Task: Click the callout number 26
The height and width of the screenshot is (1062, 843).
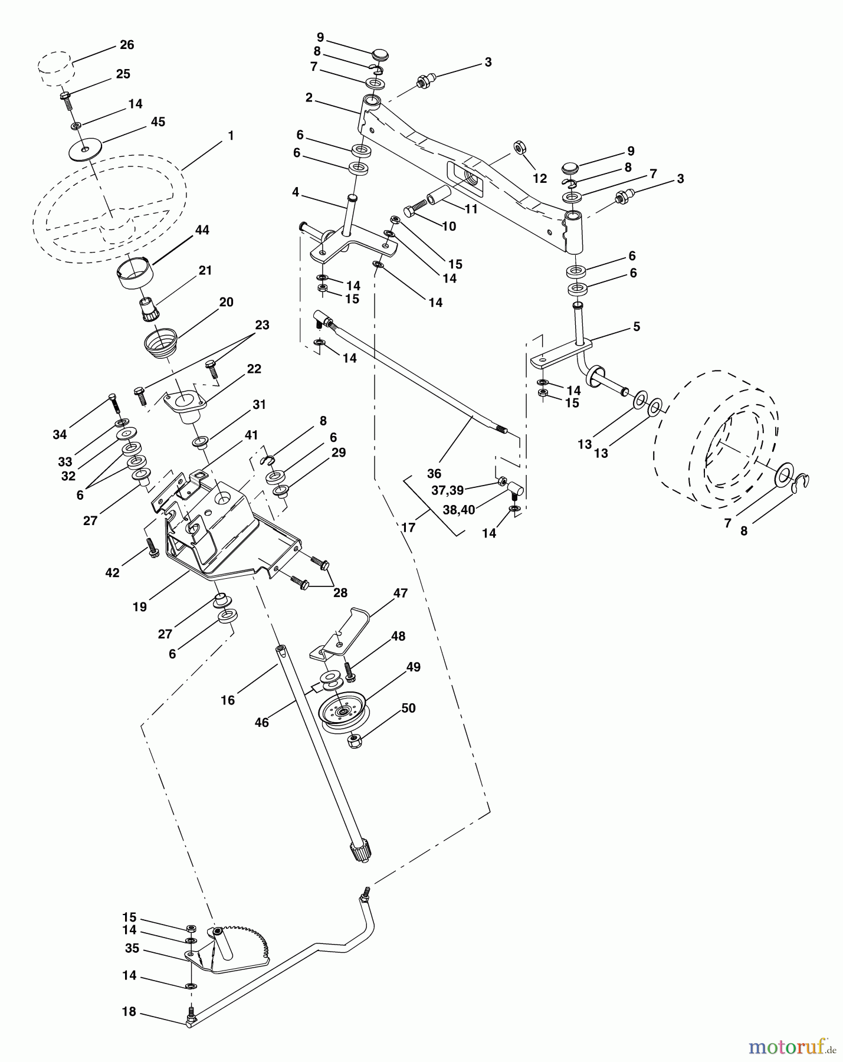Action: (127, 45)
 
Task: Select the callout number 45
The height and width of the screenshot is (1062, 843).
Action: (158, 122)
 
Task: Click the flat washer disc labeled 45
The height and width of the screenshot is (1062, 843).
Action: (85, 149)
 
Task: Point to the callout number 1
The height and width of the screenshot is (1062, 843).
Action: (231, 136)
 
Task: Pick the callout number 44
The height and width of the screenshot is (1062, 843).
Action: (202, 230)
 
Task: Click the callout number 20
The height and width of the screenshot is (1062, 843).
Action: (226, 302)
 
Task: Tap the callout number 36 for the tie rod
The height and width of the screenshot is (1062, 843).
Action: (434, 473)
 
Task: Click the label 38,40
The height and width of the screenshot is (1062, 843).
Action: (458, 510)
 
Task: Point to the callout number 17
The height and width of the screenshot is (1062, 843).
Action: (408, 527)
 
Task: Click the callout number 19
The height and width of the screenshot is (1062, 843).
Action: (140, 607)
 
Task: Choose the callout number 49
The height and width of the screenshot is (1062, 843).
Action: (413, 667)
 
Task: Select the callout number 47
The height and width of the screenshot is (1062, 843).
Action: (401, 594)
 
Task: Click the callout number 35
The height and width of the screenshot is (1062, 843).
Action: (132, 948)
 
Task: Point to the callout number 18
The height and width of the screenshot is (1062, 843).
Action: (129, 1012)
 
